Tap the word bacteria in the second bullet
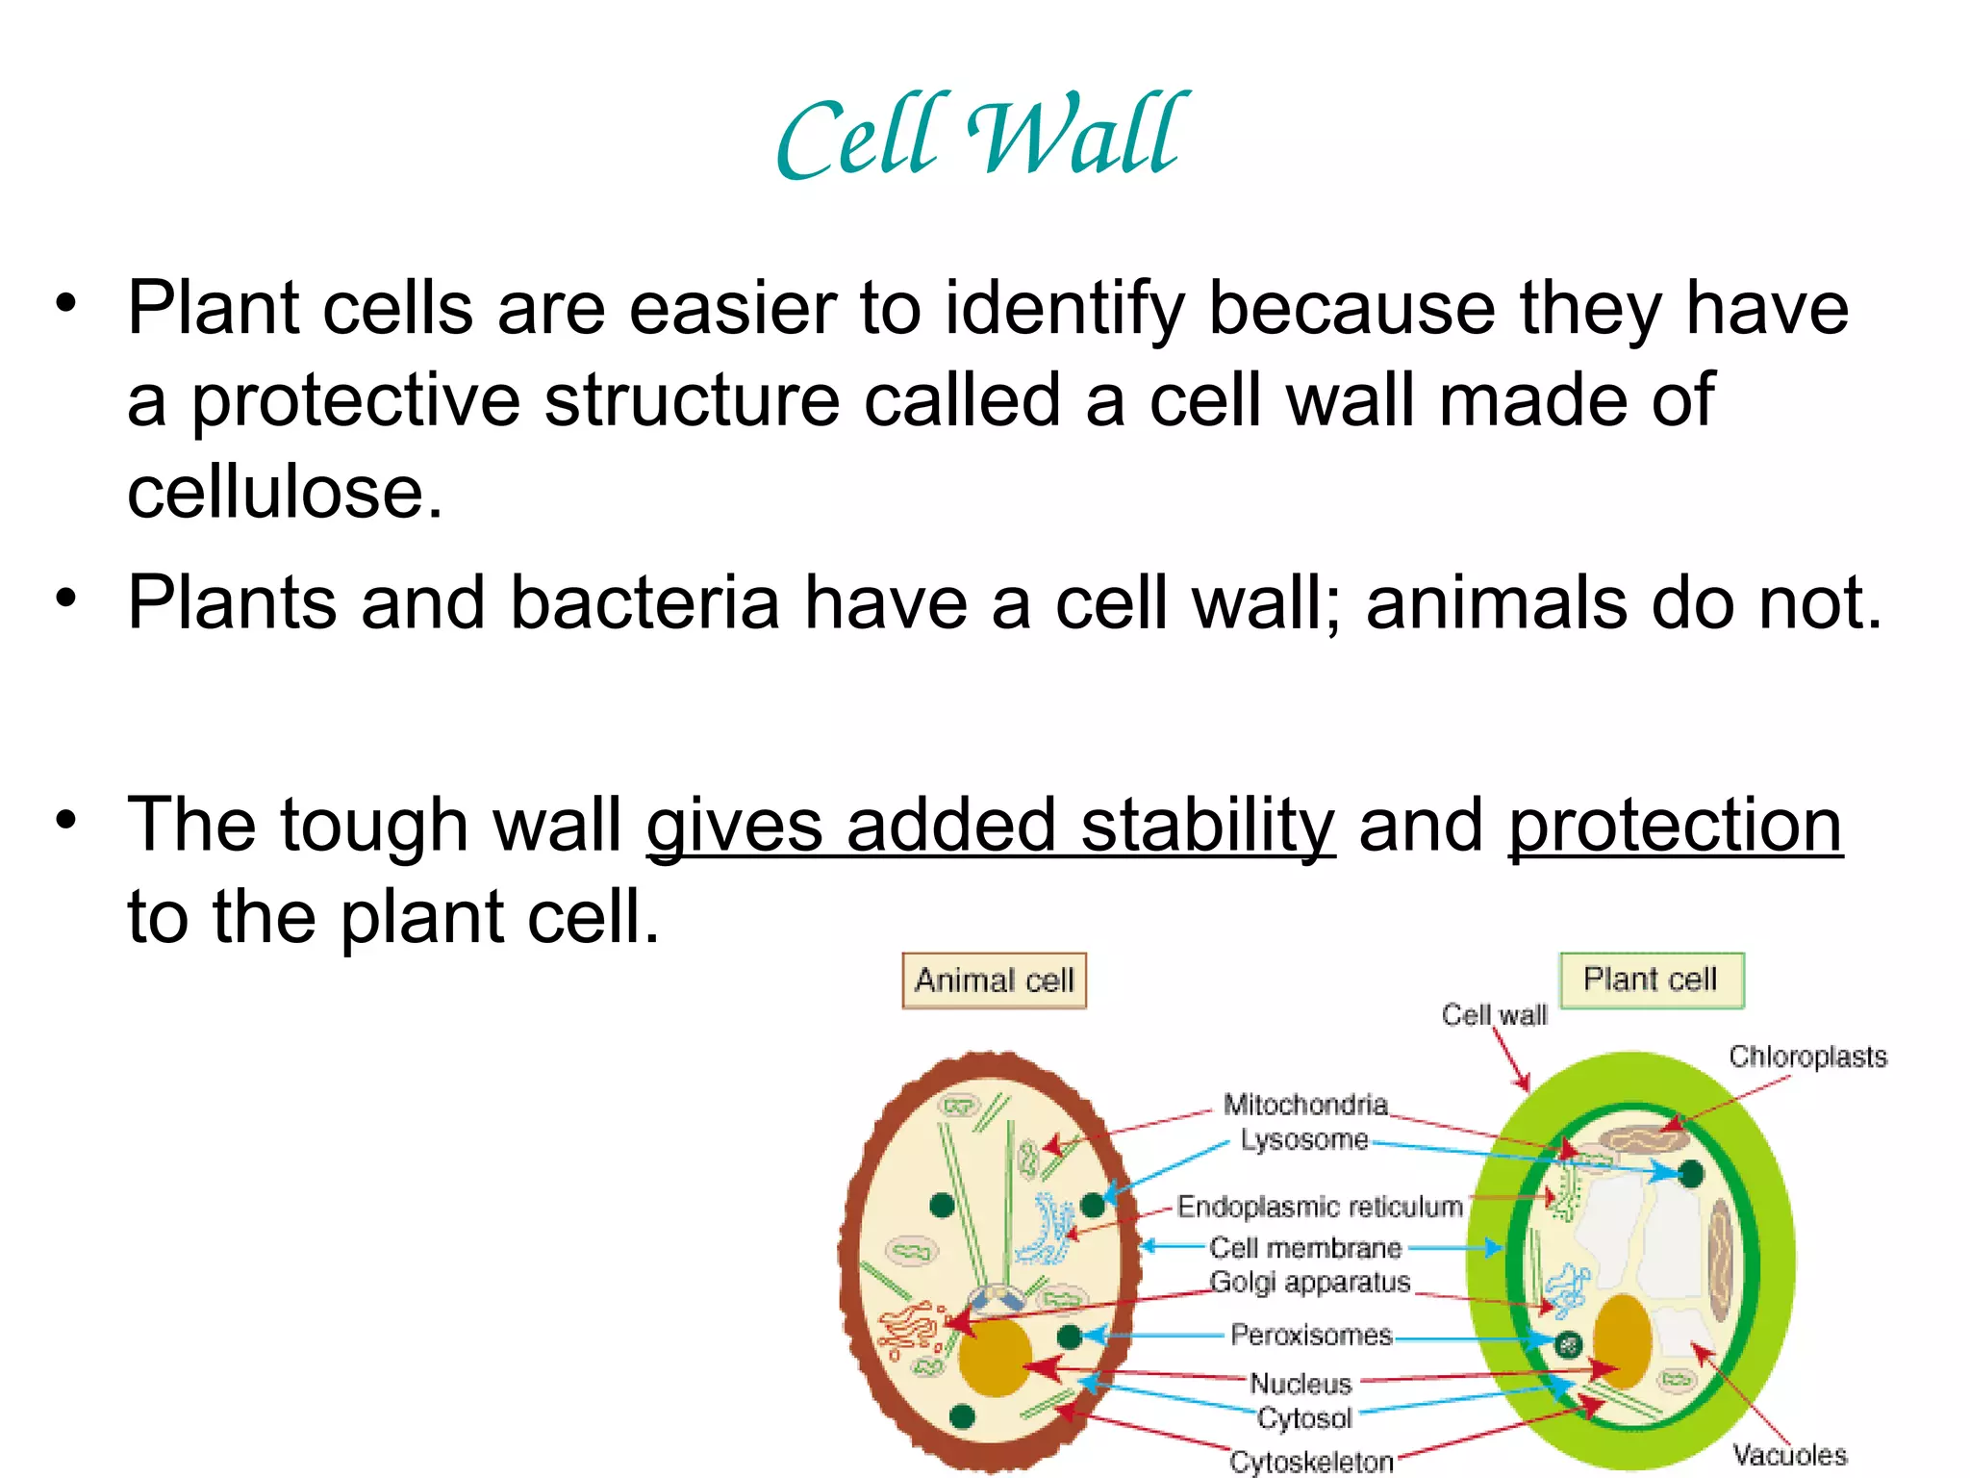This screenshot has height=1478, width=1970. (x=644, y=603)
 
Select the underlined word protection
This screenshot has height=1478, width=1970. (x=1675, y=826)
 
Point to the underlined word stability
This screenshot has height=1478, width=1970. (x=1207, y=826)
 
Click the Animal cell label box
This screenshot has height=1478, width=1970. (x=994, y=981)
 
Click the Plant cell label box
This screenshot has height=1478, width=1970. (x=1651, y=980)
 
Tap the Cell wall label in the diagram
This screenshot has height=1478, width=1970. (x=1494, y=1015)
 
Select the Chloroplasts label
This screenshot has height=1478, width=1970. (x=1807, y=1057)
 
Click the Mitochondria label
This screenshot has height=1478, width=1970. (x=1305, y=1104)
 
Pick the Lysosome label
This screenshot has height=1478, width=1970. (x=1303, y=1139)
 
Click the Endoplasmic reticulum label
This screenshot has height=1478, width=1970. (x=1320, y=1207)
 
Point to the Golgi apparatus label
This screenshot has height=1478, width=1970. (x=1309, y=1283)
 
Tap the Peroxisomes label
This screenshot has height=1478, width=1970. (x=1311, y=1336)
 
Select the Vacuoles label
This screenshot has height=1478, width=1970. (x=1789, y=1455)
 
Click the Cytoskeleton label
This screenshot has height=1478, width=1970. (x=1311, y=1462)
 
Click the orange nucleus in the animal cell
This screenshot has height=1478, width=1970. (x=994, y=1357)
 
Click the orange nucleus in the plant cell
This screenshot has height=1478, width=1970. (x=1622, y=1338)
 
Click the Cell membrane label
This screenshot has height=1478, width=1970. (x=1305, y=1248)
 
